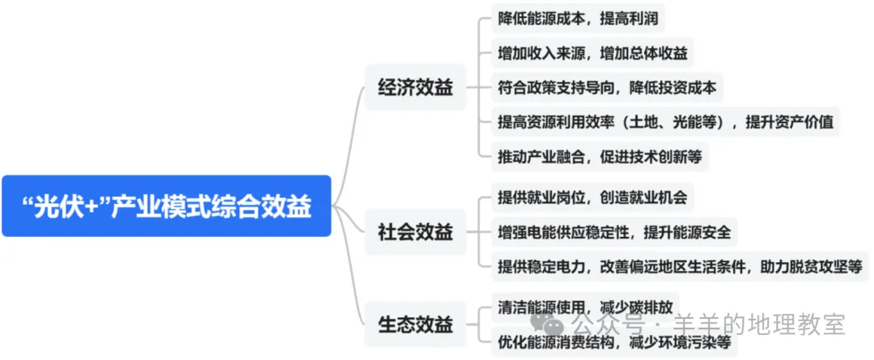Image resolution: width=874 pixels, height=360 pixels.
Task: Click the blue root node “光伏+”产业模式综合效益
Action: [166, 206]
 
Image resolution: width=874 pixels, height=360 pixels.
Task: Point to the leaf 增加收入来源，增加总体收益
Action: [593, 53]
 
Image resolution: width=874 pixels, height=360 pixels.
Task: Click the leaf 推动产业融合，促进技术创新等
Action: [600, 157]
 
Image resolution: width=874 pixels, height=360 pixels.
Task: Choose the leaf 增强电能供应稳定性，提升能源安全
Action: [614, 233]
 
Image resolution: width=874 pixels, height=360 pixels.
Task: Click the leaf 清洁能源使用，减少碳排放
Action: [585, 308]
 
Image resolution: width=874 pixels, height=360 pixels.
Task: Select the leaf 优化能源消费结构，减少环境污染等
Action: [614, 342]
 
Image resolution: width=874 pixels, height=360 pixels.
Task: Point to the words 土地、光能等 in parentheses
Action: [672, 123]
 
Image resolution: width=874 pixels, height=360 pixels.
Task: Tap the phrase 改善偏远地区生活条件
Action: [672, 266]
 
